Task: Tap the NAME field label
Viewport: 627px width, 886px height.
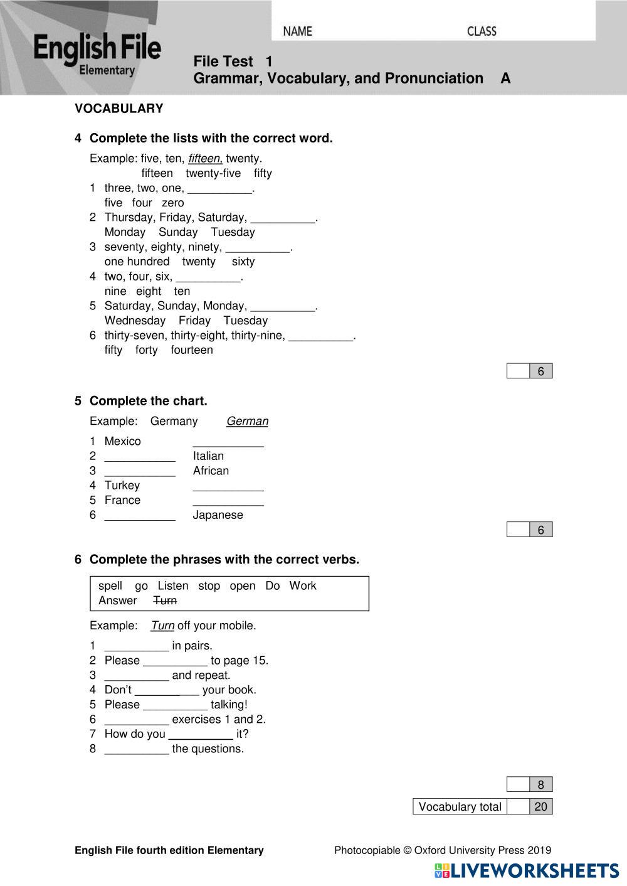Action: (x=297, y=31)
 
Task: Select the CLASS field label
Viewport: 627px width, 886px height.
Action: (x=482, y=31)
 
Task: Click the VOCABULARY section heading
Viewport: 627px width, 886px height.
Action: (x=119, y=109)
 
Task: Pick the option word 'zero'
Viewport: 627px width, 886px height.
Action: (x=173, y=203)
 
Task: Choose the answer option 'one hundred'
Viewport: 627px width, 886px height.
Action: (x=137, y=262)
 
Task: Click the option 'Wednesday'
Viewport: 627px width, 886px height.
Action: (x=135, y=321)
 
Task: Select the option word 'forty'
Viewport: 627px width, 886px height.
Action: (x=146, y=350)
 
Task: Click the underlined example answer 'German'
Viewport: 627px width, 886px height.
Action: (x=247, y=421)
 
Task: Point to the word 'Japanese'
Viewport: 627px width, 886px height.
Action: (x=218, y=515)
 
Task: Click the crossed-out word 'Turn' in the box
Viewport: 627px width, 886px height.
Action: (x=165, y=600)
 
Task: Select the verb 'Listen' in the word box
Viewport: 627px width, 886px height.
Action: (x=173, y=585)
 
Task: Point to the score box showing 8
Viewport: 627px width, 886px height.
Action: (x=540, y=784)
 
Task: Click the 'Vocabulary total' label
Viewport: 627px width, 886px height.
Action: (x=460, y=807)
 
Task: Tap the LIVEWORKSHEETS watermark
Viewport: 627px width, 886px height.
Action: (x=527, y=870)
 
